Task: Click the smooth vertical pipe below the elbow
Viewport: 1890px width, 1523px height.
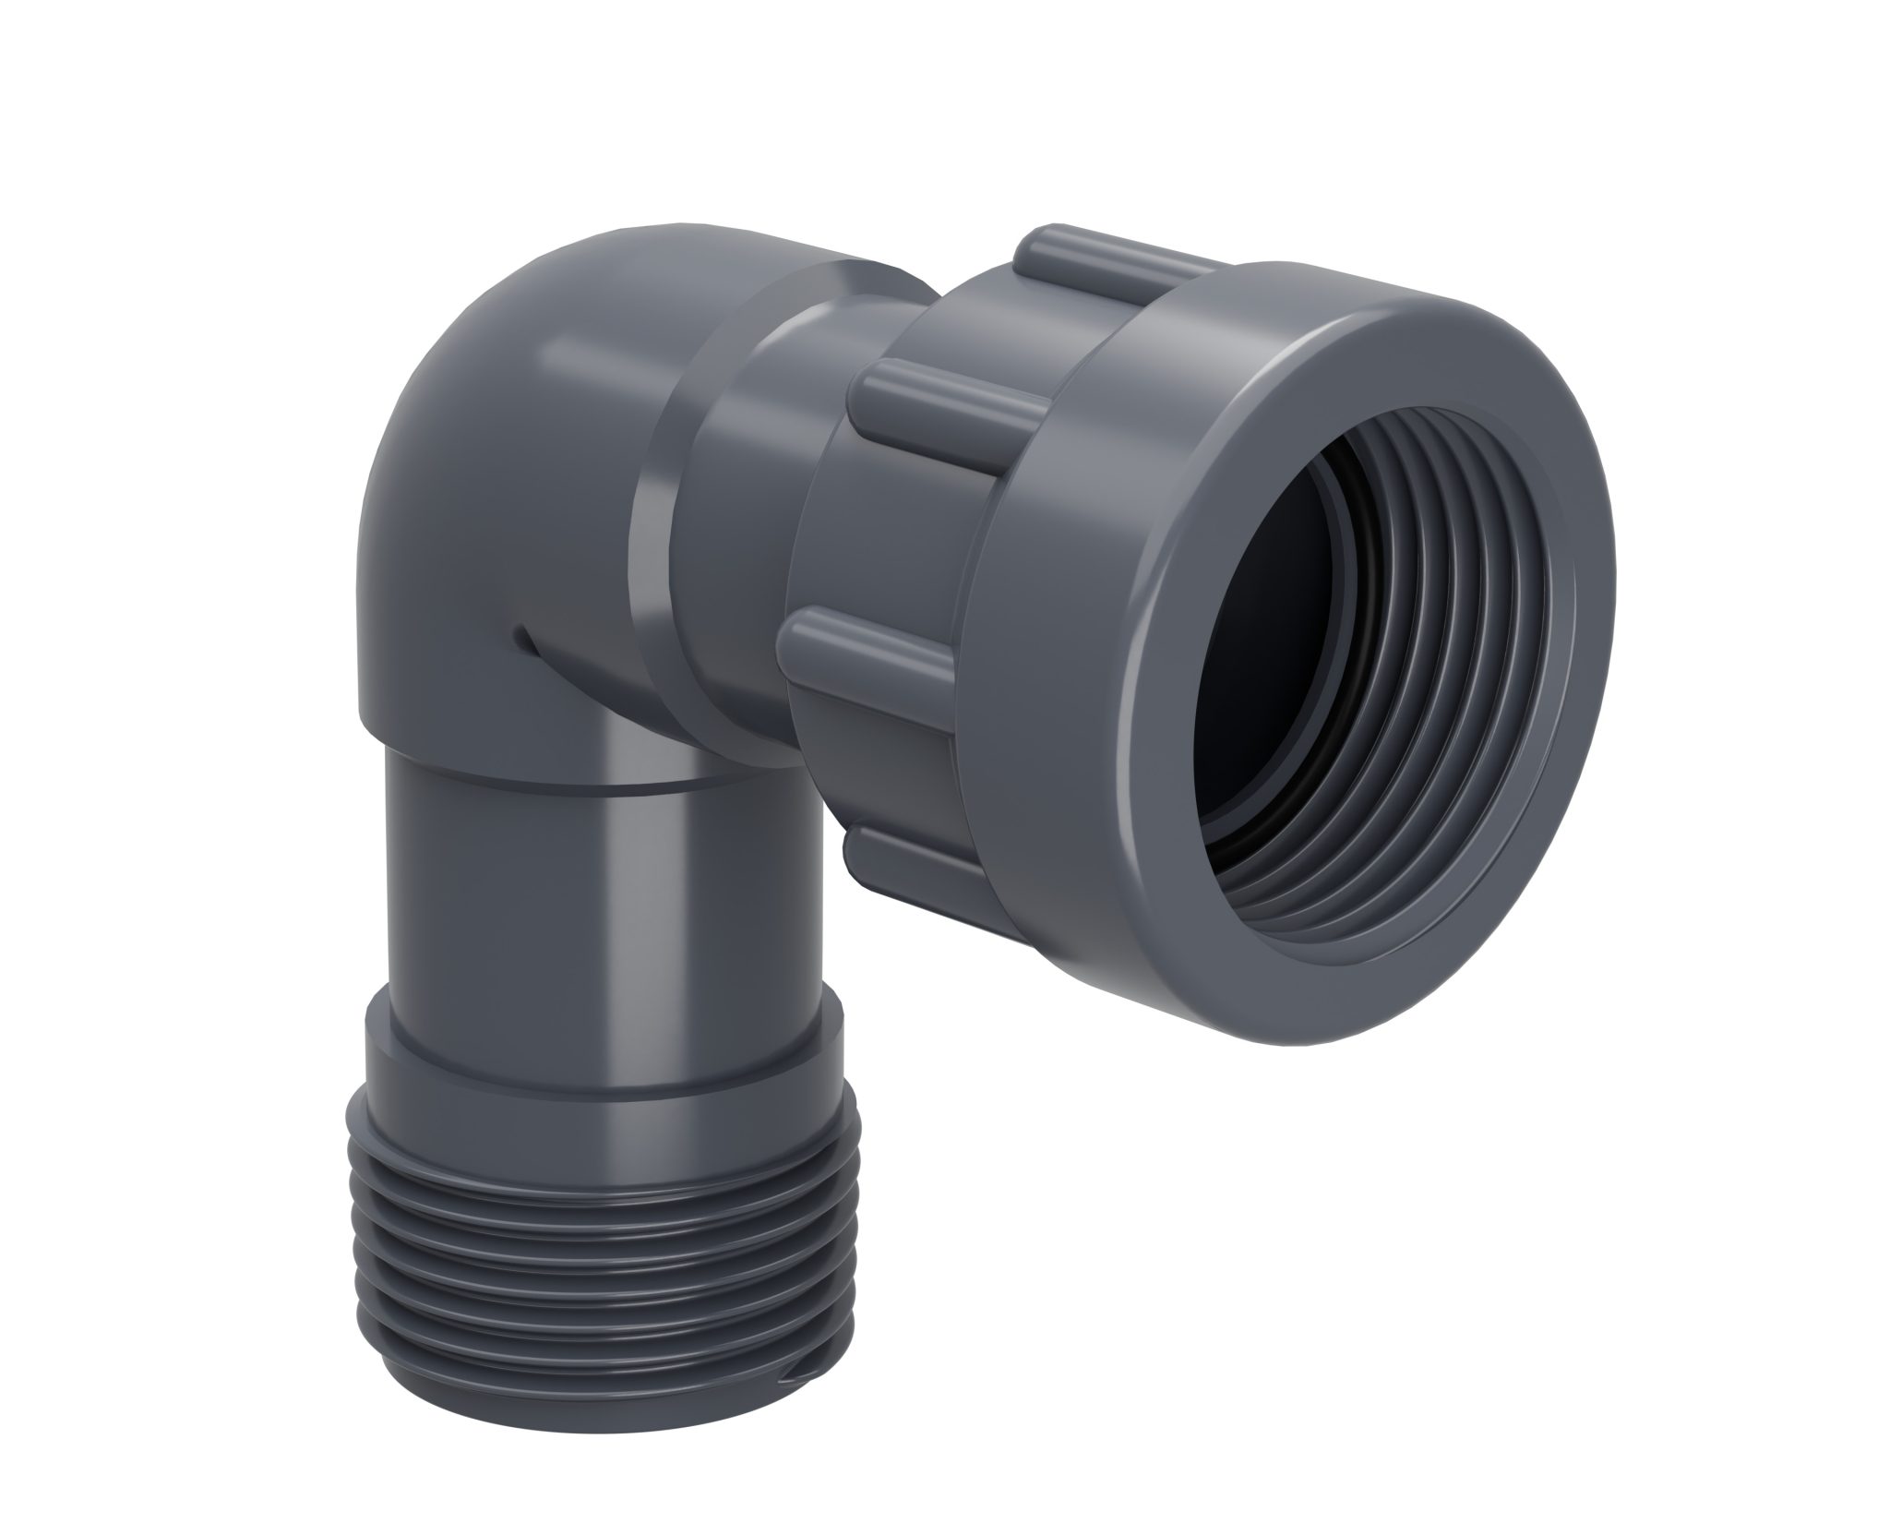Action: click(600, 923)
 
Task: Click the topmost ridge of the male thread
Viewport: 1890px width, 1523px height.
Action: click(600, 1154)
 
